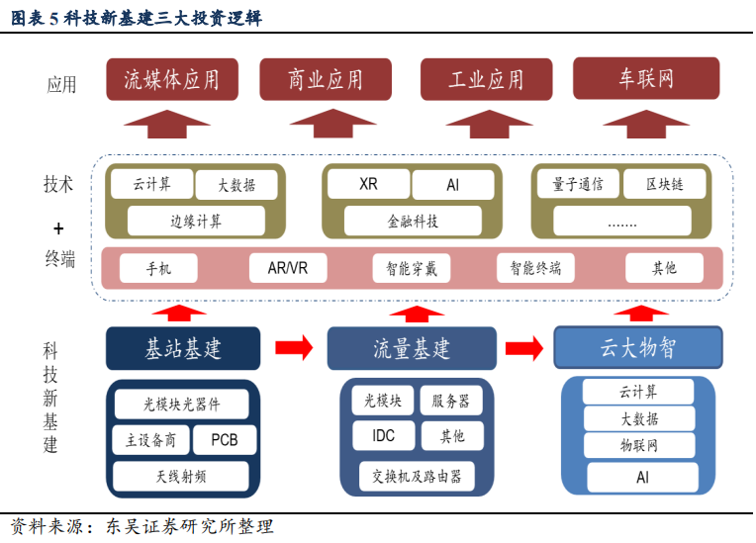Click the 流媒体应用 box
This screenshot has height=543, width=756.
(x=172, y=79)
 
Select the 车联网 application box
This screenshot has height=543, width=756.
(x=646, y=78)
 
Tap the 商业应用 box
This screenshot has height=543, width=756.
(x=326, y=79)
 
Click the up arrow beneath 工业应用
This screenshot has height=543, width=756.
(x=489, y=125)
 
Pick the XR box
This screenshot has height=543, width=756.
(x=368, y=184)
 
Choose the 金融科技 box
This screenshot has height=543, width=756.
(x=413, y=222)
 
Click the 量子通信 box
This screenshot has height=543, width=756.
(x=578, y=184)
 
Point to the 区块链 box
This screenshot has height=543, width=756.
(x=664, y=184)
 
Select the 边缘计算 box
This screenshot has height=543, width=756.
(x=196, y=222)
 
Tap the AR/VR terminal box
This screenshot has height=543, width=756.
(x=288, y=268)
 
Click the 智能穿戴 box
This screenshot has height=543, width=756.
(x=412, y=268)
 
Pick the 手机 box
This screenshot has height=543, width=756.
(x=158, y=268)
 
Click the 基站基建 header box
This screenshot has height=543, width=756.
(x=183, y=348)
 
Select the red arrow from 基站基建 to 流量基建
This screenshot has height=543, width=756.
(x=294, y=347)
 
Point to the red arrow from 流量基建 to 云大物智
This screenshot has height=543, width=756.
(x=524, y=348)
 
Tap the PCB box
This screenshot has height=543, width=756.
(x=225, y=439)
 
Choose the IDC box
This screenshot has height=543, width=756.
(x=383, y=435)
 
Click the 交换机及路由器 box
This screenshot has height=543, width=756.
(x=417, y=476)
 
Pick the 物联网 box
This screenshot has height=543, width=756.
(x=639, y=445)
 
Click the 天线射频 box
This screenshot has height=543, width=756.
(x=181, y=477)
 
